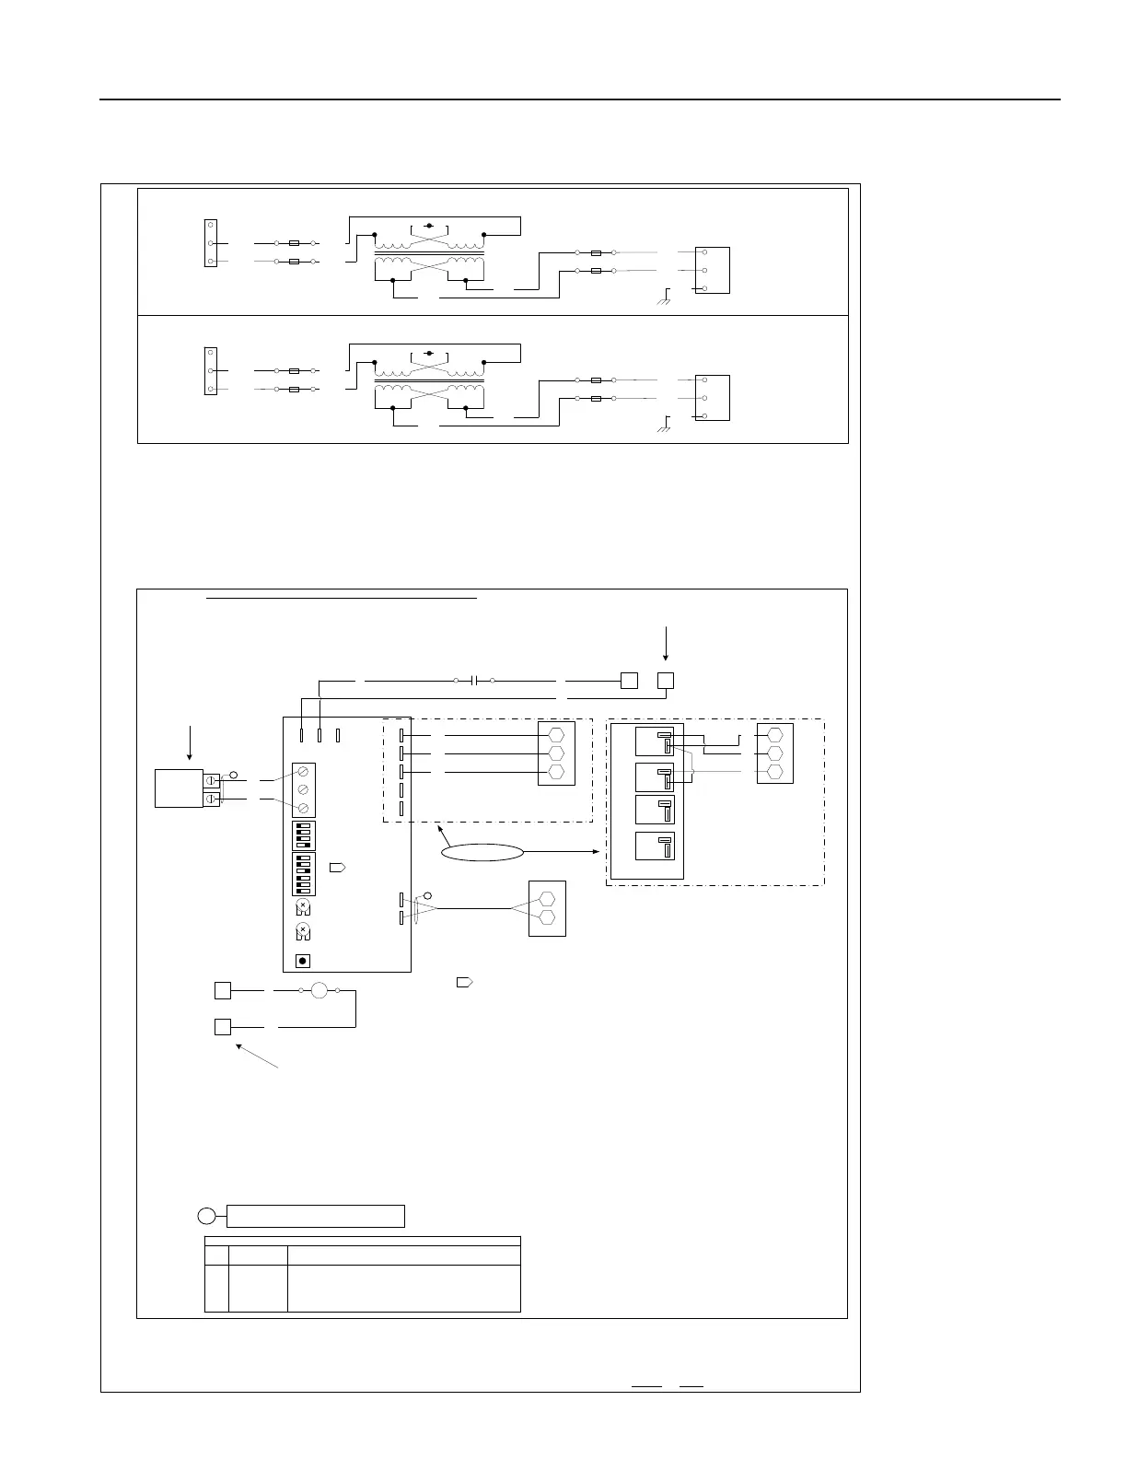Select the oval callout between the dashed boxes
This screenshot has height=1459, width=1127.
tap(482, 853)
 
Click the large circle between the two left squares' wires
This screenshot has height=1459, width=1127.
tap(319, 991)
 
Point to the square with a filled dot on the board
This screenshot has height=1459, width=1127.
tap(303, 962)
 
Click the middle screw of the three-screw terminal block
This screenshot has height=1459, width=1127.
tap(303, 790)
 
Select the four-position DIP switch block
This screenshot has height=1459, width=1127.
tap(303, 835)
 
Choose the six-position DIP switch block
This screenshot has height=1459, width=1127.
tap(303, 874)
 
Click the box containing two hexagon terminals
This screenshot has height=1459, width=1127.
tap(547, 908)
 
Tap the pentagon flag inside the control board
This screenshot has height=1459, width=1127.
tap(338, 868)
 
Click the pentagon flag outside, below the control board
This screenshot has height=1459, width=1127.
tap(465, 983)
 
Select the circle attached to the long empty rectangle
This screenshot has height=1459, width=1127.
tap(207, 1216)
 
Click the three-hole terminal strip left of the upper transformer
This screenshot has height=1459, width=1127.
tap(211, 243)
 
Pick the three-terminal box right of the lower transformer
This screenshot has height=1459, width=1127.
tap(712, 398)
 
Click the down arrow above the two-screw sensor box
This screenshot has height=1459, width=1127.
tap(190, 741)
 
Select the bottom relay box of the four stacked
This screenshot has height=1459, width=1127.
tap(655, 846)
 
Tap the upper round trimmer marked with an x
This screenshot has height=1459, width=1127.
tap(303, 906)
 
